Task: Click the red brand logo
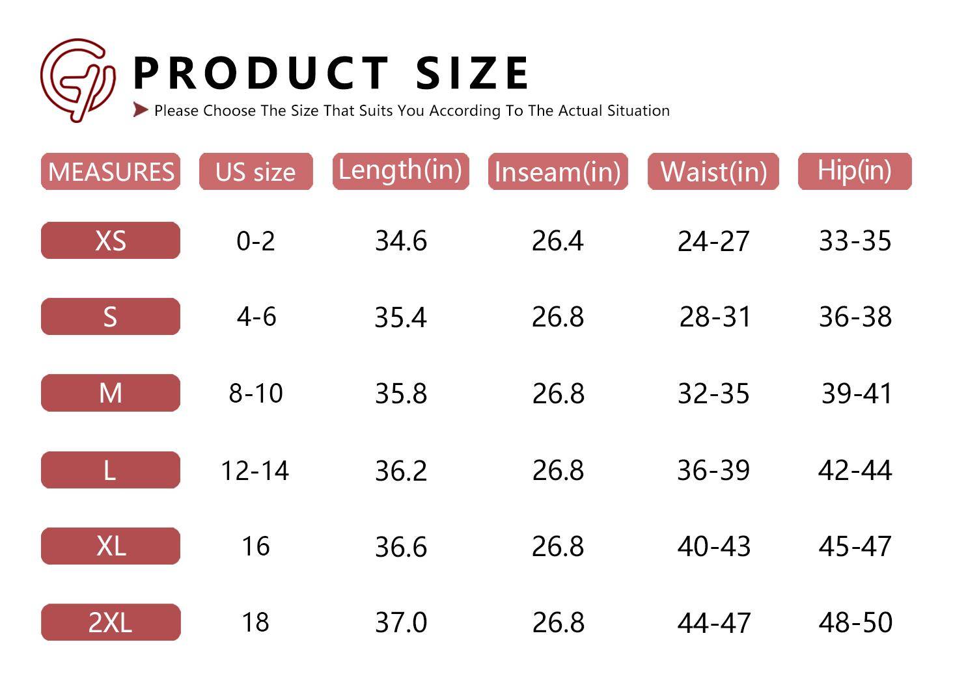click(x=77, y=80)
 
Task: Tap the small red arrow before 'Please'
click(x=140, y=110)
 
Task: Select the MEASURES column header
click(x=111, y=172)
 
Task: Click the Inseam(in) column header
click(x=558, y=172)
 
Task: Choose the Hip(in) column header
click(x=854, y=171)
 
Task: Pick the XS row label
click(x=111, y=241)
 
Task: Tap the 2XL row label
click(x=111, y=622)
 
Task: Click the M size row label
click(x=111, y=393)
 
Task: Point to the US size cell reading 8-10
click(x=256, y=393)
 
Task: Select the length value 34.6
click(x=401, y=241)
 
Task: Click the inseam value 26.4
click(x=558, y=241)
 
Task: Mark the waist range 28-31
click(x=715, y=317)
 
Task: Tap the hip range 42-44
click(x=855, y=470)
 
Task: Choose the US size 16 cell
click(x=256, y=546)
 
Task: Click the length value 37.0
click(x=401, y=622)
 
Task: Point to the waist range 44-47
click(x=714, y=622)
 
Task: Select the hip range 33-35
click(x=855, y=241)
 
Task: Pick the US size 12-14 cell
click(x=255, y=470)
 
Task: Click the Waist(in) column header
click(x=713, y=172)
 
